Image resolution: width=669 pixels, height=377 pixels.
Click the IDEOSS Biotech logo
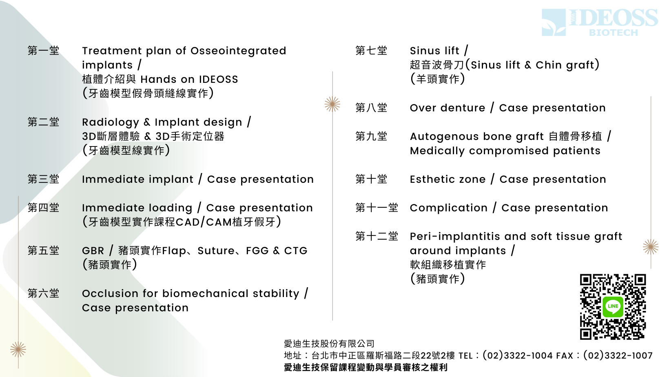(x=600, y=22)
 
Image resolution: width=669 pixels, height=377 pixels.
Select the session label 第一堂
(x=43, y=51)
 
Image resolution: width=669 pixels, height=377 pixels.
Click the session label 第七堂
(x=371, y=51)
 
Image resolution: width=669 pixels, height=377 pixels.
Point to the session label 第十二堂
(x=377, y=236)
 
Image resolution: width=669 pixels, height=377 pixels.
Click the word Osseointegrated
(x=238, y=51)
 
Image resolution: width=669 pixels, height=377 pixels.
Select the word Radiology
(x=111, y=122)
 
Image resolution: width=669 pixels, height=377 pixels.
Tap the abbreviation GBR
(x=93, y=251)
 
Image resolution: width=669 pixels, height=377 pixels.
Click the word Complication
(x=449, y=208)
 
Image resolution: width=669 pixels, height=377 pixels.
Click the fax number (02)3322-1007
(x=618, y=355)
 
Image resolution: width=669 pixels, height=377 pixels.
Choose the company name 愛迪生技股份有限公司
(x=329, y=344)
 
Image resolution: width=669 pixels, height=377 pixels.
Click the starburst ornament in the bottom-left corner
(x=18, y=350)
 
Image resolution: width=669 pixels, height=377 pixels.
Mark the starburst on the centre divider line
(x=332, y=104)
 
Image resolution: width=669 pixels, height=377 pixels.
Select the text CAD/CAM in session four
(x=204, y=222)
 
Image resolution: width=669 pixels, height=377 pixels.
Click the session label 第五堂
(x=43, y=251)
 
